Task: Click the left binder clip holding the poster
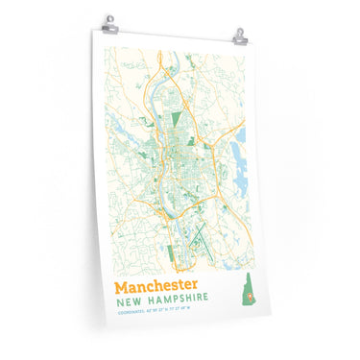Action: click(x=111, y=22)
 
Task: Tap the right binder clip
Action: click(x=240, y=36)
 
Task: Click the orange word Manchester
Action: click(x=156, y=286)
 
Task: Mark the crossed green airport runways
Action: click(x=198, y=234)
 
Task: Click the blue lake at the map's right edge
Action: click(x=240, y=141)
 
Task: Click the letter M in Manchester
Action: click(x=122, y=286)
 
